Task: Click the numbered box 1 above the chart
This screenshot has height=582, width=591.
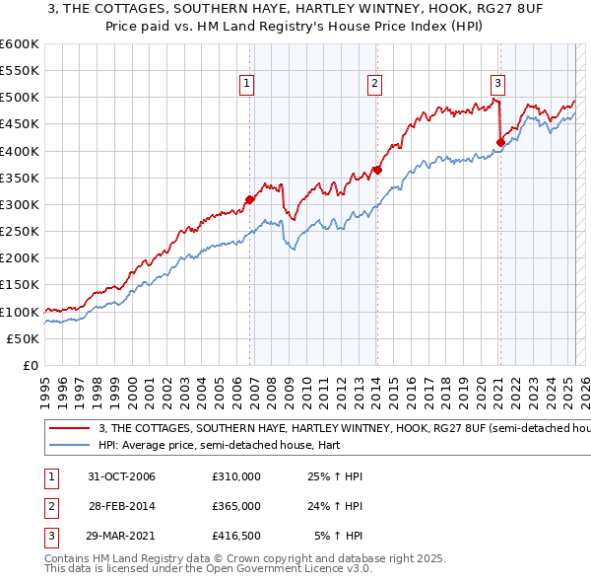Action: (x=245, y=84)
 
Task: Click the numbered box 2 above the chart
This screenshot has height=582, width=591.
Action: (x=375, y=84)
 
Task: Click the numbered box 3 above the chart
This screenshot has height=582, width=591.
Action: (x=498, y=84)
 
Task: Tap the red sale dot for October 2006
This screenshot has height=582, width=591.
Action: (x=250, y=199)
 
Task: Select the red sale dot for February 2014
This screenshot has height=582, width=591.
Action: (x=377, y=170)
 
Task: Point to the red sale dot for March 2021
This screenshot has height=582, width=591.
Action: (x=500, y=142)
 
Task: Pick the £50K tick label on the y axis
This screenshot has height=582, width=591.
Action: (x=23, y=338)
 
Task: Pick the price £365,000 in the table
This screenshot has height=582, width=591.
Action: (x=236, y=506)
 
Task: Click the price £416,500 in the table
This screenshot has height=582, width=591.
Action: (x=236, y=536)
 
